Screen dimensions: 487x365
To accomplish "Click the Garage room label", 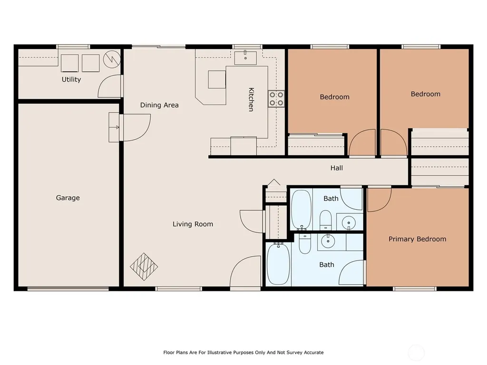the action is (68, 198).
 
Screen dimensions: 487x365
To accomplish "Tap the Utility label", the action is (71, 79).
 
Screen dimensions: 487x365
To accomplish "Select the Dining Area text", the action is (159, 105).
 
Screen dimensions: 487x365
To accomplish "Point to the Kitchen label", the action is (251, 99).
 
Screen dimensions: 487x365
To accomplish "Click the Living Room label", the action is (193, 224).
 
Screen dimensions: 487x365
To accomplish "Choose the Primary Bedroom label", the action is (418, 239).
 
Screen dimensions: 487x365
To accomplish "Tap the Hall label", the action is (337, 168).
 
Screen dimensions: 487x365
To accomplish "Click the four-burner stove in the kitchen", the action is (276, 99).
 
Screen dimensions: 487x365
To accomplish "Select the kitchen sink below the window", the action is (245, 58).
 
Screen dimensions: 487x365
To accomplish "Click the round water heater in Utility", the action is (112, 59).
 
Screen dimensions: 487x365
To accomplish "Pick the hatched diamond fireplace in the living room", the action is (144, 267).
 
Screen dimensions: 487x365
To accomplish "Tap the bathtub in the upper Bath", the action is (301, 210).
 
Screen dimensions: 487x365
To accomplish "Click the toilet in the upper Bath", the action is (326, 220).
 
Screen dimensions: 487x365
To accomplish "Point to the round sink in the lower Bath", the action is (328, 241).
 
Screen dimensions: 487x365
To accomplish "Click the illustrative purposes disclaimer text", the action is (243, 353).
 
